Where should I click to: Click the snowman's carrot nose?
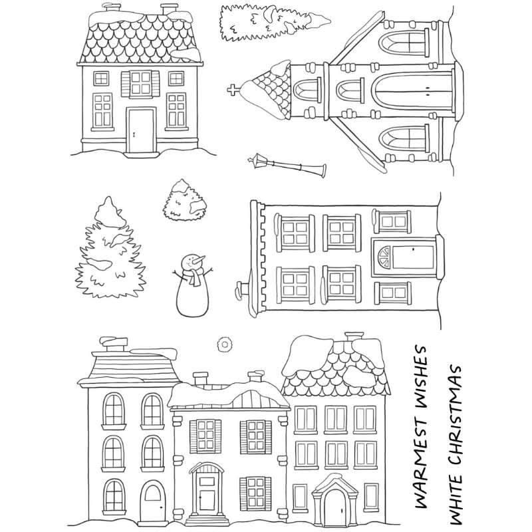pyautogui.click(x=198, y=260)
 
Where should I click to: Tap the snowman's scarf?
pyautogui.click(x=194, y=274)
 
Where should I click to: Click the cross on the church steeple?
pyautogui.click(x=232, y=90)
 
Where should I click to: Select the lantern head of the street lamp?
pyautogui.click(x=257, y=160)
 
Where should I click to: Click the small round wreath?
pyautogui.click(x=224, y=344)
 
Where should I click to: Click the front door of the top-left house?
pyautogui.click(x=141, y=130)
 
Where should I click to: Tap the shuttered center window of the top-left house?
pyautogui.click(x=140, y=84)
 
